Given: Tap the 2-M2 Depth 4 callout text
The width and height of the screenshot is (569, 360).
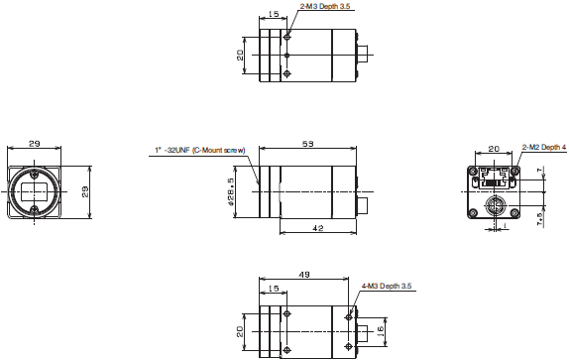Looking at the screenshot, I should click(x=544, y=147).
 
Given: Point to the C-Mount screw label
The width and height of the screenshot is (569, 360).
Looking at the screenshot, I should click(x=199, y=151).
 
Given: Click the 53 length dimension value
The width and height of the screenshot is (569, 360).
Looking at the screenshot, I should click(x=307, y=145).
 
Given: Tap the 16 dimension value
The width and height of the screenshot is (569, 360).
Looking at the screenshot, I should click(x=381, y=330).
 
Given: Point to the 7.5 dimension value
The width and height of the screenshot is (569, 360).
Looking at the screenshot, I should click(x=539, y=217).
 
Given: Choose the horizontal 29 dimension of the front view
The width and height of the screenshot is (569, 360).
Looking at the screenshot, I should click(x=35, y=145).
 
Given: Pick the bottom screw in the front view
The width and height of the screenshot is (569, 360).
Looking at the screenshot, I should click(x=35, y=209).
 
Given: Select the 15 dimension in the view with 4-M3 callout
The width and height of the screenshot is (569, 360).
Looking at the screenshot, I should click(x=273, y=289).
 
